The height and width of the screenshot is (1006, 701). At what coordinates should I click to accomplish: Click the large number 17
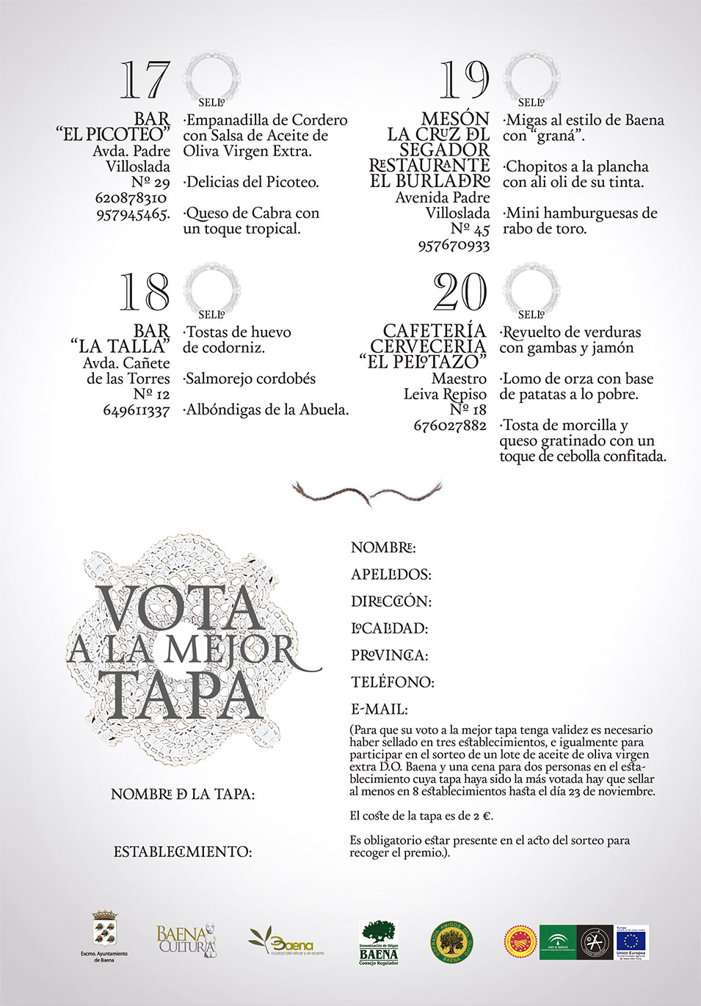tap(145, 81)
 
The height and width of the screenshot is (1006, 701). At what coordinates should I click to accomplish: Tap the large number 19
tap(464, 80)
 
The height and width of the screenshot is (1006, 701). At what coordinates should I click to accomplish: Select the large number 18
tap(145, 292)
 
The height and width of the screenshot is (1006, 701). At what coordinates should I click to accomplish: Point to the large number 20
tap(460, 292)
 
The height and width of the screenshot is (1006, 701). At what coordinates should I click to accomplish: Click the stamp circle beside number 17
tap(211, 77)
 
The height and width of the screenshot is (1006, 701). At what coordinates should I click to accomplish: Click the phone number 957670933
tap(454, 246)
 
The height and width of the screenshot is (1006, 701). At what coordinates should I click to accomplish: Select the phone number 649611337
tap(137, 410)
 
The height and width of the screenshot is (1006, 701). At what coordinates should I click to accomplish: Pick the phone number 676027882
tap(450, 426)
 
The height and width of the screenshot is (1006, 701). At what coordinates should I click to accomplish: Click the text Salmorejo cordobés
tap(250, 379)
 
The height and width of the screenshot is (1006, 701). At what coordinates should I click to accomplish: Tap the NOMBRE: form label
tap(383, 547)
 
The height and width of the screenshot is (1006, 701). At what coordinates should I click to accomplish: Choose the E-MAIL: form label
tap(379, 710)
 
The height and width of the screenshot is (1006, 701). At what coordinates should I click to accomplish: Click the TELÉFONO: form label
tap(392, 682)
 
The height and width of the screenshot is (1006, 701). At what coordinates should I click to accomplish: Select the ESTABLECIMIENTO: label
tap(183, 852)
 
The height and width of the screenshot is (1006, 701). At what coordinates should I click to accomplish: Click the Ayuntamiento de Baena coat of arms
tap(104, 930)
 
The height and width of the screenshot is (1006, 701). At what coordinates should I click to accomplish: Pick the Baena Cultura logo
tap(186, 940)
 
